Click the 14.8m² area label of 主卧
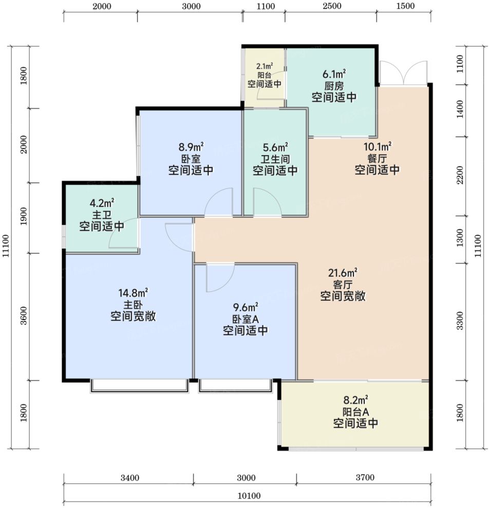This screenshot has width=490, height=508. click(x=133, y=293)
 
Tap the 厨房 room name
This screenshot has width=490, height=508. click(x=334, y=86)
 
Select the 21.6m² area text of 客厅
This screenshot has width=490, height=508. click(x=343, y=273)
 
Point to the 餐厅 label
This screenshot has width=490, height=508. click(x=377, y=158)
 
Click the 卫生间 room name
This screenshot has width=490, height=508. click(x=275, y=159)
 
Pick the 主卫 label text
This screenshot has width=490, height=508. click(x=102, y=215)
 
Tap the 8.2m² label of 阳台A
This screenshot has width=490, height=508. click(x=355, y=400)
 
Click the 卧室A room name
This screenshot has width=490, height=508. click(x=246, y=319)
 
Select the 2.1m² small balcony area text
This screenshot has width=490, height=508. click(x=265, y=66)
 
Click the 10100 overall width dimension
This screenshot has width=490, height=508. click(x=249, y=496)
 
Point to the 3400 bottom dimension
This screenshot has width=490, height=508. click(x=129, y=478)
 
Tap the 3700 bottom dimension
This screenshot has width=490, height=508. click(x=365, y=477)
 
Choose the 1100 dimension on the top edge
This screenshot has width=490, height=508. click(x=266, y=6)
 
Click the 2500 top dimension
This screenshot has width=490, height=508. click(x=332, y=6)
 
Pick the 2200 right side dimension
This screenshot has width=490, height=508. click(x=460, y=175)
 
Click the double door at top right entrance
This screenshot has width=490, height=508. click(x=403, y=73)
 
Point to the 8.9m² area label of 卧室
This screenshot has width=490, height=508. click(x=191, y=147)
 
